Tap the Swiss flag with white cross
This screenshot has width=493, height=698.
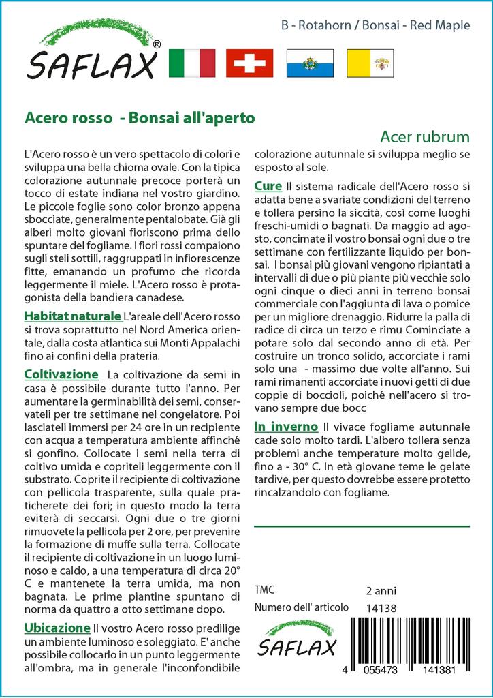click(x=249, y=63)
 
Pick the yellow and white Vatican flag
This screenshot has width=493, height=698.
click(x=366, y=63)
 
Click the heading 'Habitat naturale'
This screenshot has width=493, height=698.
click(x=72, y=316)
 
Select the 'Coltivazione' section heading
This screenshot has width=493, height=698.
click(x=61, y=374)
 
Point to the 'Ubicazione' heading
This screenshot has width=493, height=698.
click(x=57, y=628)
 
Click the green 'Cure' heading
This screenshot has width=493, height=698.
click(x=268, y=186)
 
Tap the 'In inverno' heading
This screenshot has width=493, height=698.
click(x=286, y=427)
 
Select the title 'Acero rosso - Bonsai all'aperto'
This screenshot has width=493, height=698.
click(x=140, y=117)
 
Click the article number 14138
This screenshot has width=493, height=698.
click(x=381, y=608)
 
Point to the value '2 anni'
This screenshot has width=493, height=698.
click(x=381, y=591)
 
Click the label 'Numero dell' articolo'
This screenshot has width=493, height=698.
click(x=301, y=607)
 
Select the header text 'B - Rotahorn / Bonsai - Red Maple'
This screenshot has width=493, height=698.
click(x=375, y=26)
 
